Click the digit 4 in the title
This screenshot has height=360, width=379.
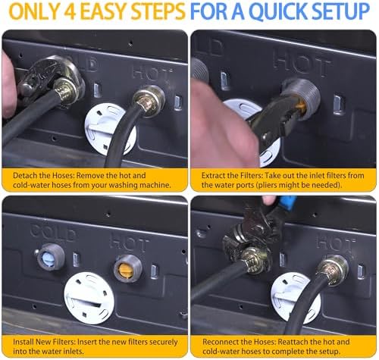click(x=69, y=11)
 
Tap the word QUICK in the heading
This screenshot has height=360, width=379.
click(x=279, y=11)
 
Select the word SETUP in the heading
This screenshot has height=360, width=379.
click(x=341, y=11)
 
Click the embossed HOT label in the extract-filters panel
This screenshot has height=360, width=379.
click(x=302, y=63)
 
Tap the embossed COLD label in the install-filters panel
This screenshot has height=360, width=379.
click(x=53, y=232)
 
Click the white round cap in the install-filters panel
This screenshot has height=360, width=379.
click(x=89, y=298)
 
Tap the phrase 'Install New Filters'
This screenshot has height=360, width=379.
click(x=44, y=342)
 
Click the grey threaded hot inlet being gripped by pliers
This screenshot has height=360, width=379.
click(x=302, y=99)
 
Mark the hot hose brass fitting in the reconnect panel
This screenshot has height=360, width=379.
click(x=332, y=270)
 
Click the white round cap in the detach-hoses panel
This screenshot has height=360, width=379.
click(x=111, y=129)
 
